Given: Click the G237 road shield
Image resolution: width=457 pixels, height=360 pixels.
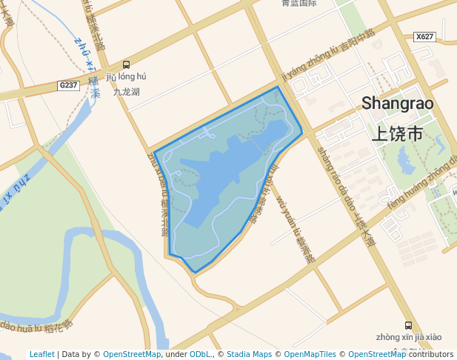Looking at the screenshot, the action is (68, 86).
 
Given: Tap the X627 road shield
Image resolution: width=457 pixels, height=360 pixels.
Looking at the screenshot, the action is (424, 36).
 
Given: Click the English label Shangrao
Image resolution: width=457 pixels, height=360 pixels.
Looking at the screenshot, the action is (397, 104).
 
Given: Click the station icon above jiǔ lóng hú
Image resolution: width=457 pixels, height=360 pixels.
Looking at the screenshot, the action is (127, 64).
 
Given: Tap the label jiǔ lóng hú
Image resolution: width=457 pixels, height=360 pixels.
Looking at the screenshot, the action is (127, 76).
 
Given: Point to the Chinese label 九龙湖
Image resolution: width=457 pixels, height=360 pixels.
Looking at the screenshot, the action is (127, 93).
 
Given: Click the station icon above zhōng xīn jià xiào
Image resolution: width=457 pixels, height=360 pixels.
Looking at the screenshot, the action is (408, 325).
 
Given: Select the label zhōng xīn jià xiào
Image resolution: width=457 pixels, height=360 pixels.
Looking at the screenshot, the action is (409, 337).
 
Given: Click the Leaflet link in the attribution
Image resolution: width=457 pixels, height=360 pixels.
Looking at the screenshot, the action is (42, 354).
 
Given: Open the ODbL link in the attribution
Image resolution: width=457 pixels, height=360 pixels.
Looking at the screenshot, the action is (201, 354).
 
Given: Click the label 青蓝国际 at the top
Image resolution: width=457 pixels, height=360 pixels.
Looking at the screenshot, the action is (299, 4).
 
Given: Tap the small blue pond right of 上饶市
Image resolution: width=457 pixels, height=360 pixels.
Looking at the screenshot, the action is (407, 159).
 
